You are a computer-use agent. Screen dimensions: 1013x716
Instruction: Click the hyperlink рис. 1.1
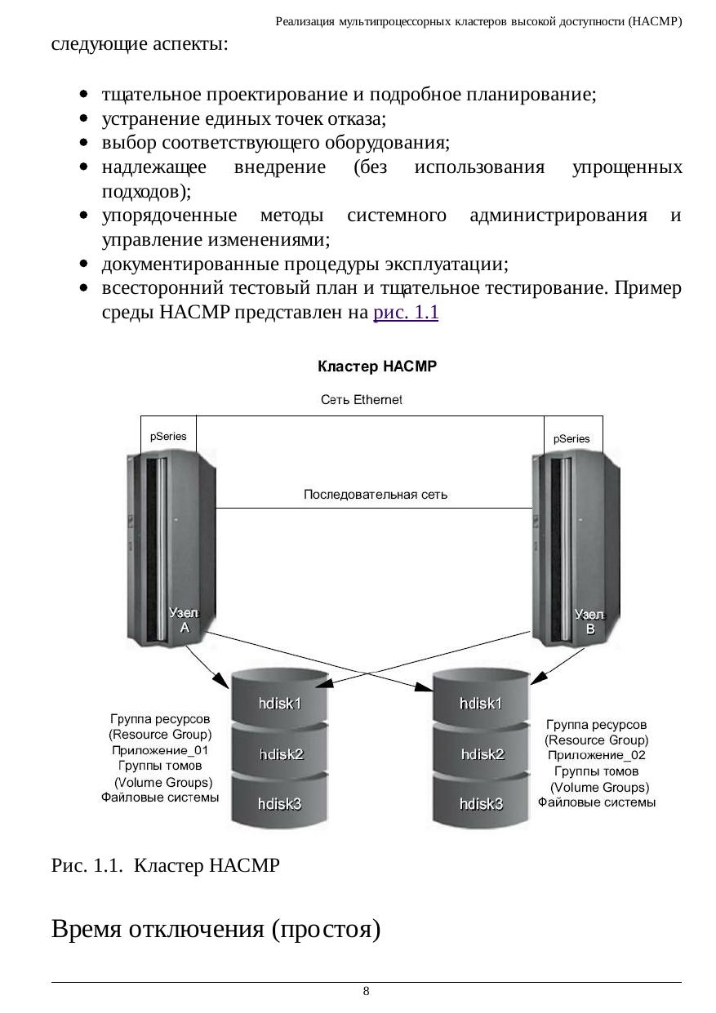[406, 313]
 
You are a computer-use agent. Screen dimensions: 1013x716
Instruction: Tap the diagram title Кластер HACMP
[377, 367]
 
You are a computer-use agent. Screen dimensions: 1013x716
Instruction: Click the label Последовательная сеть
[376, 495]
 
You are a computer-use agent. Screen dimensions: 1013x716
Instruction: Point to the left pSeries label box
[168, 437]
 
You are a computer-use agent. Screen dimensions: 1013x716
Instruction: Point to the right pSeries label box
[571, 438]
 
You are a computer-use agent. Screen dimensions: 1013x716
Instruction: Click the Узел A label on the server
[184, 620]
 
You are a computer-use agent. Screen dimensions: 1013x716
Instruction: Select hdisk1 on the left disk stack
[281, 703]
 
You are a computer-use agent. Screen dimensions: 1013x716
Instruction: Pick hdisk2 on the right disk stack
[482, 754]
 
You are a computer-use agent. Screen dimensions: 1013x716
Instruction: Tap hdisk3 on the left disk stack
[280, 804]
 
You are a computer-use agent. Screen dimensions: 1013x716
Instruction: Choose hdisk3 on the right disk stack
[482, 804]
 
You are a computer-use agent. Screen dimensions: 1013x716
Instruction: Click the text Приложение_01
[161, 750]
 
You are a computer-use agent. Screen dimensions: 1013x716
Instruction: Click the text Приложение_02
[596, 755]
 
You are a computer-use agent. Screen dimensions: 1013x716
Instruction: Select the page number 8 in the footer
[366, 992]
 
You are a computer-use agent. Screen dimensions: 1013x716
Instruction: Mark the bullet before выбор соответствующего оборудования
[84, 144]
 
